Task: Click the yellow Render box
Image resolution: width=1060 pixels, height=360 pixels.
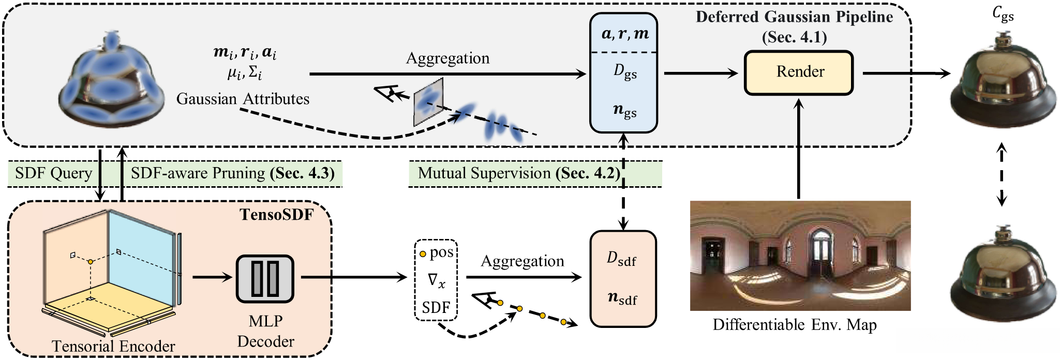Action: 799,72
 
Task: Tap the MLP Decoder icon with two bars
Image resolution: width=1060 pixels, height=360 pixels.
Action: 265,278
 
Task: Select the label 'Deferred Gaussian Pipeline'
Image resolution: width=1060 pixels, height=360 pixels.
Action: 794,17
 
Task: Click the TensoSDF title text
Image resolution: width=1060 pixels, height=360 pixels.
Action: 277,214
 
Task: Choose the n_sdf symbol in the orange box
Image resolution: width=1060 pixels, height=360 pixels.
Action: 622,298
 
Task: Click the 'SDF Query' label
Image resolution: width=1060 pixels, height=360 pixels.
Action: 53,173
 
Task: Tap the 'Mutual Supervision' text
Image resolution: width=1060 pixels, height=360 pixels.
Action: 484,173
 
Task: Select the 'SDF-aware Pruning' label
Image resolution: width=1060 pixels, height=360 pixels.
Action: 198,173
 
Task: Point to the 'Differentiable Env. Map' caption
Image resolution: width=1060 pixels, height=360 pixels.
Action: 795,325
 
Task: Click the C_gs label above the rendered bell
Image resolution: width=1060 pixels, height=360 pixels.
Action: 1002,15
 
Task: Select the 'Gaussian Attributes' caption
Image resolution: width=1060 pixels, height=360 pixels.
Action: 243,99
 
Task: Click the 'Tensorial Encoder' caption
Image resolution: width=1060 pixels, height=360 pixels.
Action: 113,346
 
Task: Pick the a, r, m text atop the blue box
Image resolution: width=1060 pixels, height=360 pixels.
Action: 624,34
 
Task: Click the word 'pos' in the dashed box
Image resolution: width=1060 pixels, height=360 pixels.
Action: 441,252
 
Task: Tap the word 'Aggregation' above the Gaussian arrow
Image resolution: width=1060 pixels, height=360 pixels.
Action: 447,58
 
